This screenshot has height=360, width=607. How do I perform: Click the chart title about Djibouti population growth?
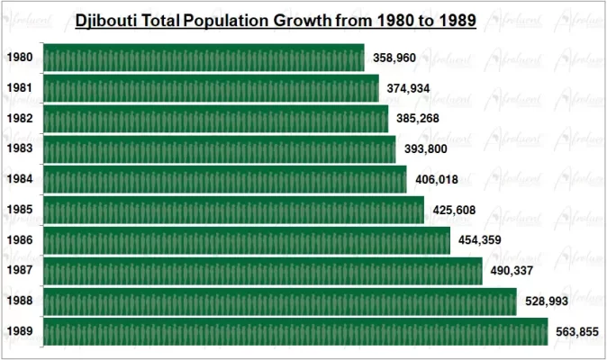click(276, 20)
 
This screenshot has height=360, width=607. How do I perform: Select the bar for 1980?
click(203, 58)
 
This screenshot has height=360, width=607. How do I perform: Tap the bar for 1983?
click(219, 149)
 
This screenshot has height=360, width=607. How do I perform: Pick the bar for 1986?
click(246, 240)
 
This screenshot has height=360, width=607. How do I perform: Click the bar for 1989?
click(294, 331)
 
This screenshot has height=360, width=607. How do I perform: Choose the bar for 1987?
click(262, 271)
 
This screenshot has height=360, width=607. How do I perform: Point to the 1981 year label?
click(20, 88)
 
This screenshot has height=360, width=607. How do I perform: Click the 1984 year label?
click(20, 179)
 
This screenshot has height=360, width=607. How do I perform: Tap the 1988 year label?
click(20, 301)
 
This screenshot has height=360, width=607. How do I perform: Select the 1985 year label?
click(20, 210)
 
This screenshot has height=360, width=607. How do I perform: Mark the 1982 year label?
click(20, 119)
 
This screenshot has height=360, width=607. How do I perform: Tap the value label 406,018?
click(437, 179)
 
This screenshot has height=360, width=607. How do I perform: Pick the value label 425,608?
click(454, 210)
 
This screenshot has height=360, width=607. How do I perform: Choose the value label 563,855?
click(575, 331)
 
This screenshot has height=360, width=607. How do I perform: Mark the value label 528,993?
click(546, 301)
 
